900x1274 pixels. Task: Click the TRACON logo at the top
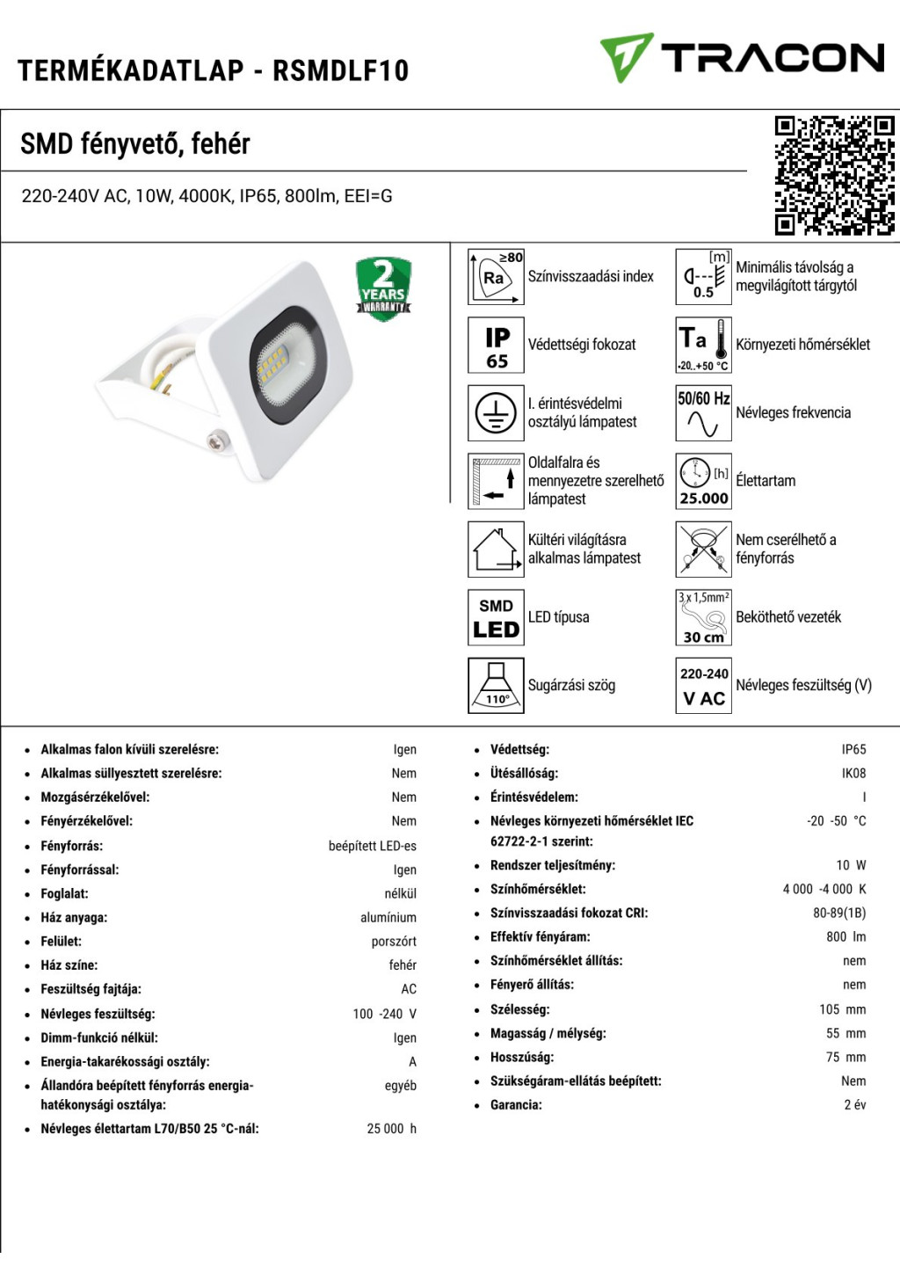pyautogui.click(x=743, y=58)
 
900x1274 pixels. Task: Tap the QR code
pyautogui.click(x=834, y=176)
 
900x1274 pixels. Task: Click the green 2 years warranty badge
pyautogui.click(x=383, y=288)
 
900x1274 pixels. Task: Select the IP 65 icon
pyautogui.click(x=497, y=345)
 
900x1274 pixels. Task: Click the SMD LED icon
pyautogui.click(x=497, y=617)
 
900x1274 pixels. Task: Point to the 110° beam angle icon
pyautogui.click(x=497, y=685)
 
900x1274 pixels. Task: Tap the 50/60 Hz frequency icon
pyautogui.click(x=703, y=412)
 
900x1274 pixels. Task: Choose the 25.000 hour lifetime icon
pyautogui.click(x=703, y=481)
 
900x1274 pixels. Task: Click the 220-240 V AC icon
pyautogui.click(x=703, y=685)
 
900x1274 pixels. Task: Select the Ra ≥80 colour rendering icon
pyautogui.click(x=497, y=276)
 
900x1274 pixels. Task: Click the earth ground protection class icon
pyautogui.click(x=497, y=412)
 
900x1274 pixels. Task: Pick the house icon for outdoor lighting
pyautogui.click(x=497, y=549)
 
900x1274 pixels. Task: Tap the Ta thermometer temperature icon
pyautogui.click(x=703, y=345)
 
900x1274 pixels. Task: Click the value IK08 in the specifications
pyautogui.click(x=853, y=774)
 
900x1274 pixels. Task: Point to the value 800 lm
pyautogui.click(x=846, y=937)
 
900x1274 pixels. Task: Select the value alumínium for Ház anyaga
pyautogui.click(x=388, y=918)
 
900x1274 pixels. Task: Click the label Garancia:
pyautogui.click(x=516, y=1105)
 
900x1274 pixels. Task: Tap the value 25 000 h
pyautogui.click(x=391, y=1129)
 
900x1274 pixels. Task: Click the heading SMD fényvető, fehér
pyautogui.click(x=135, y=143)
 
